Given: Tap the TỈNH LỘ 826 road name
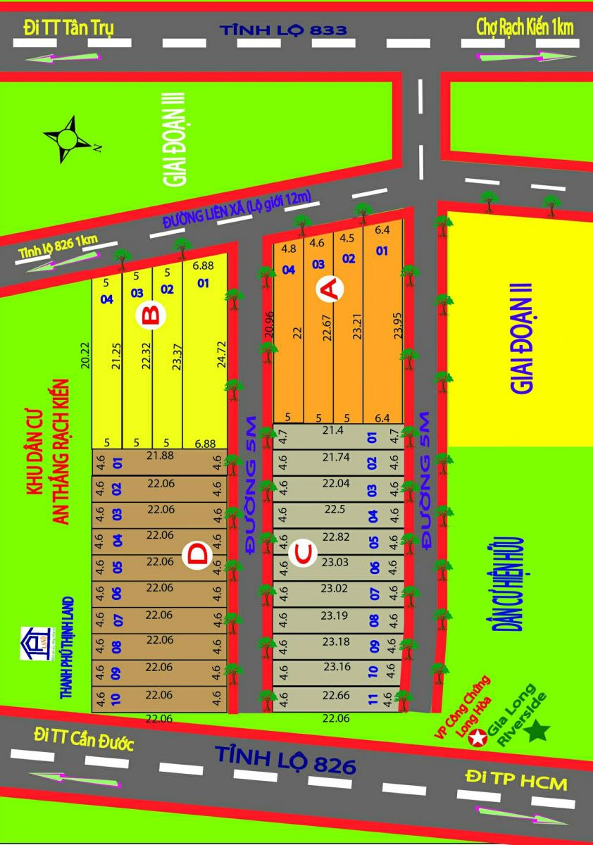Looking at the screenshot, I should pyautogui.click(x=285, y=760).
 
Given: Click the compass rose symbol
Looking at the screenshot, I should pyautogui.click(x=68, y=139).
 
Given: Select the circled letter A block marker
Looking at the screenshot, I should pyautogui.click(x=330, y=289).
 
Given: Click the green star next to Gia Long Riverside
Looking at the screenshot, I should pyautogui.click(x=539, y=730).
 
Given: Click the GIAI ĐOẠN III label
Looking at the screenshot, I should pyautogui.click(x=175, y=137).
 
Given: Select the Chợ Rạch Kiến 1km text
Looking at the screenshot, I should pyautogui.click(x=525, y=27).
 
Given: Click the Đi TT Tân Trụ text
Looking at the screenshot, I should pyautogui.click(x=68, y=27).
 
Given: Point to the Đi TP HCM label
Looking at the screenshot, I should pyautogui.click(x=516, y=780).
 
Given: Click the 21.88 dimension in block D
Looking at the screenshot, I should pyautogui.click(x=160, y=457).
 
